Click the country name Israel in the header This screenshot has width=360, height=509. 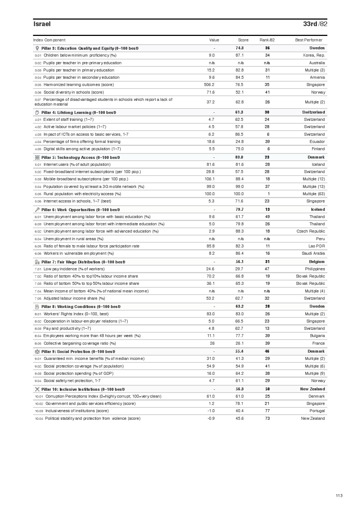pyautogui.click(x=42, y=24)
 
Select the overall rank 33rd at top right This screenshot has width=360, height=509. pyautogui.click(x=310, y=24)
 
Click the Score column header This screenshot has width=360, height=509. pyautogui.click(x=243, y=40)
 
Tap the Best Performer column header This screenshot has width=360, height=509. pyautogui.click(x=308, y=40)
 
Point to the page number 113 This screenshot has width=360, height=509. pyautogui.click(x=339, y=496)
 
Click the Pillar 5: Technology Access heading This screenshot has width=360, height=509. pyautogui.click(x=80, y=157)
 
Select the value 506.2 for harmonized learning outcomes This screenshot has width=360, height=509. pyautogui.click(x=209, y=85)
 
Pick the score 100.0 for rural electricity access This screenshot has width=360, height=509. pyautogui.click(x=238, y=194)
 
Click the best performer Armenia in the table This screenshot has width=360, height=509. pyautogui.click(x=317, y=78)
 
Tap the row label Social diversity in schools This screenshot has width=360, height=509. pyautogui.click(x=73, y=93)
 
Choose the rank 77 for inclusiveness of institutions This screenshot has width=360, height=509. pyautogui.click(x=267, y=411)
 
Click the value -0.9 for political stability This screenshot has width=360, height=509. pyautogui.click(x=211, y=419)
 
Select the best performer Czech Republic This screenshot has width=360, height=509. pyautogui.click(x=311, y=231)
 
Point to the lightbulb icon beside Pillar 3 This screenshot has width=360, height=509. pyautogui.click(x=37, y=48)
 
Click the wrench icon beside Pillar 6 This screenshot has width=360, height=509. pyautogui.click(x=37, y=210)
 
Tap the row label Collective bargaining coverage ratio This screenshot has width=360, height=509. pyautogui.click(x=79, y=344)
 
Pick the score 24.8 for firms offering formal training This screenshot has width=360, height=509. pyautogui.click(x=240, y=142)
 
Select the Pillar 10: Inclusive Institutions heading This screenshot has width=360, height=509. pyautogui.click(x=83, y=389)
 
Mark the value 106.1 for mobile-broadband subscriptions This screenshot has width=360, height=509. pyautogui.click(x=209, y=179)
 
